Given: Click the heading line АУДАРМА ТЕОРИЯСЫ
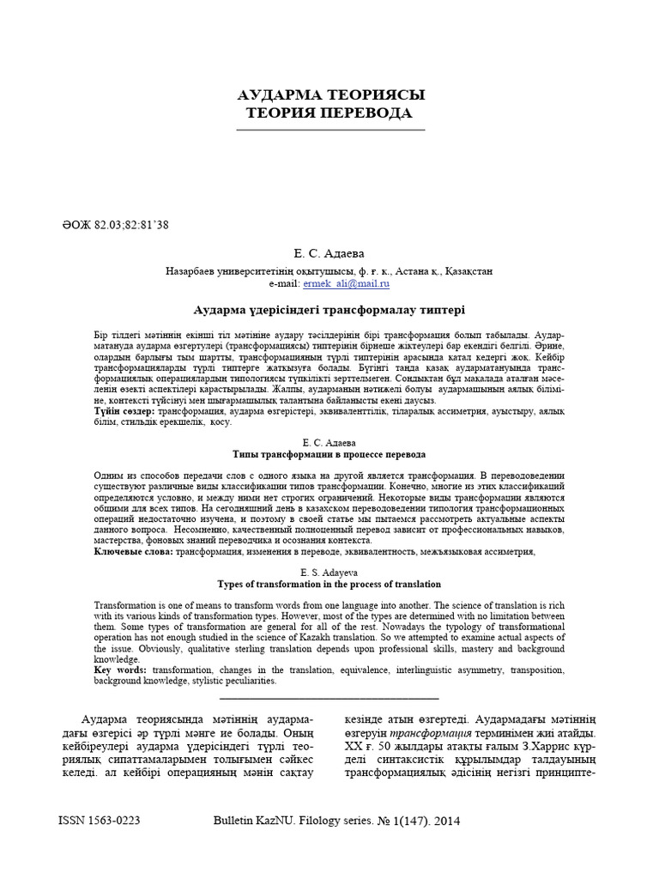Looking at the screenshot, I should pyautogui.click(x=329, y=94).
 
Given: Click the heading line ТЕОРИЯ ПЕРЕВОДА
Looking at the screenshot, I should pyautogui.click(x=329, y=113).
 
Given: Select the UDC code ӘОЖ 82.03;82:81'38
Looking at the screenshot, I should pyautogui.click(x=113, y=225).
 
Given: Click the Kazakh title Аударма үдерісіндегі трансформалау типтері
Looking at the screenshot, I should pyautogui.click(x=329, y=308).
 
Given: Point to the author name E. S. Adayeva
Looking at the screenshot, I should pyautogui.click(x=329, y=572).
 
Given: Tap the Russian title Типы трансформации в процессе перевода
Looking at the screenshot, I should pyautogui.click(x=329, y=454).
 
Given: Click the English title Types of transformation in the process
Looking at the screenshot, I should pyautogui.click(x=329, y=584).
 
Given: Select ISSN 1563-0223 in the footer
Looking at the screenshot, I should pyautogui.click(x=99, y=821).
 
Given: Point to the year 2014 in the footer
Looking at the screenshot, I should pyautogui.click(x=447, y=821).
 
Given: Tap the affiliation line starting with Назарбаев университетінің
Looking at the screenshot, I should pyautogui.click(x=329, y=270).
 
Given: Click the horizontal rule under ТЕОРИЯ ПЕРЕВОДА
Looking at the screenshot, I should pyautogui.click(x=329, y=130).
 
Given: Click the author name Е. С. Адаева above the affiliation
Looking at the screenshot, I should pyautogui.click(x=329, y=254).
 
